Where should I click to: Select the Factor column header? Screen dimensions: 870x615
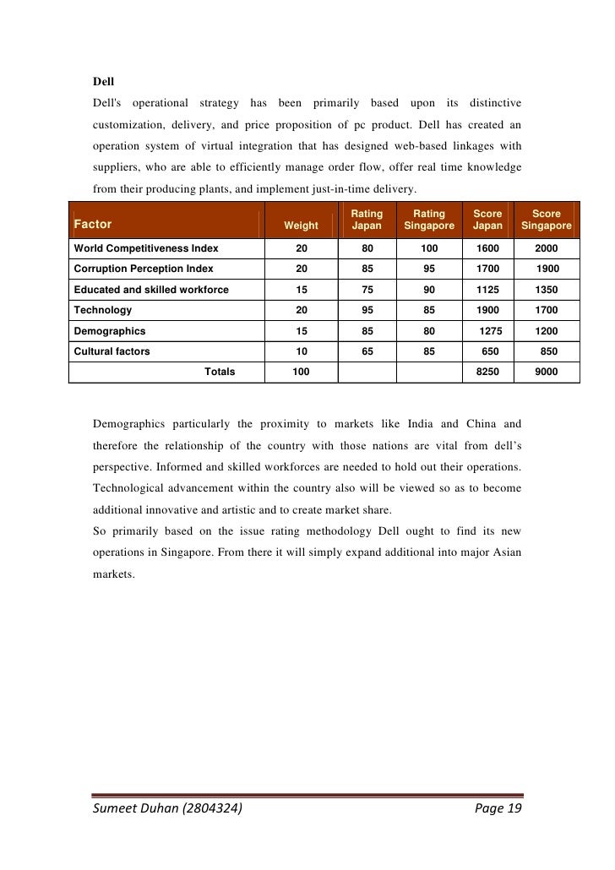(93, 226)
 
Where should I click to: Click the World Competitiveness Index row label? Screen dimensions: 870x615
(146, 248)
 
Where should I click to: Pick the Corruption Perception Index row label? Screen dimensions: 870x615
(144, 269)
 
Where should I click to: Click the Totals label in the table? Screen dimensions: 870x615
(220, 372)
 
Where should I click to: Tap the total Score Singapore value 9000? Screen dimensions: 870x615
(546, 372)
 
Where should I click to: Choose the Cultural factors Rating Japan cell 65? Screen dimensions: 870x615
(367, 351)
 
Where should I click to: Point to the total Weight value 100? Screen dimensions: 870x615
(301, 372)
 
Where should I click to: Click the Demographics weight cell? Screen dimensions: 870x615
(301, 331)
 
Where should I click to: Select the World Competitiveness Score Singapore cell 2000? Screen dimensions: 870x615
(546, 248)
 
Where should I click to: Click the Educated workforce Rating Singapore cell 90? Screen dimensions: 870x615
(429, 290)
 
